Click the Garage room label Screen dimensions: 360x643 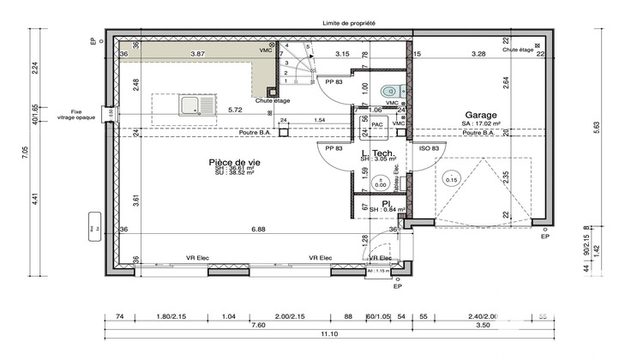click(x=483, y=115)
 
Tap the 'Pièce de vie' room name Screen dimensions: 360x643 click(x=234, y=161)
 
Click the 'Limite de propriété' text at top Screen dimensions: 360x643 click(x=349, y=24)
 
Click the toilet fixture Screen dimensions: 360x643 click(x=390, y=88)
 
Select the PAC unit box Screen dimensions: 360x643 click(x=376, y=123)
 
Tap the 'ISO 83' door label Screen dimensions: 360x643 click(x=430, y=148)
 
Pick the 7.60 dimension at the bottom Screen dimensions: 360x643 click(x=257, y=326)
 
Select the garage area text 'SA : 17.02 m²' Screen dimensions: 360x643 click(x=482, y=124)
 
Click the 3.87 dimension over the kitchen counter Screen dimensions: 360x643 click(x=196, y=54)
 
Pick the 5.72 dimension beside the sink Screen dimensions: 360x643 click(x=234, y=110)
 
